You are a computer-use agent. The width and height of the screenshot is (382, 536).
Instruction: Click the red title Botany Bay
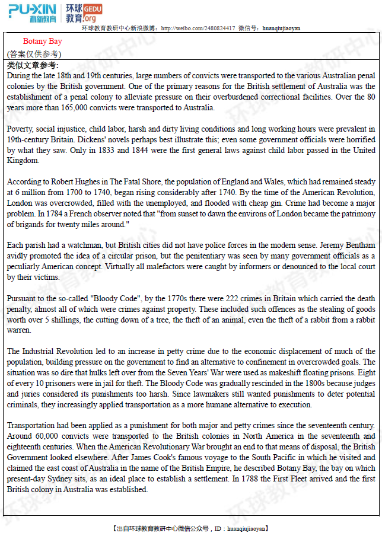[42, 42]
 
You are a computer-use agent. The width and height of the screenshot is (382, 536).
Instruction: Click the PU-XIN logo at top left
[33, 12]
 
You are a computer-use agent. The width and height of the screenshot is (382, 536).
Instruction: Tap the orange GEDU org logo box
[93, 14]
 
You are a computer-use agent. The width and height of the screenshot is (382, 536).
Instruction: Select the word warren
[19, 330]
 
